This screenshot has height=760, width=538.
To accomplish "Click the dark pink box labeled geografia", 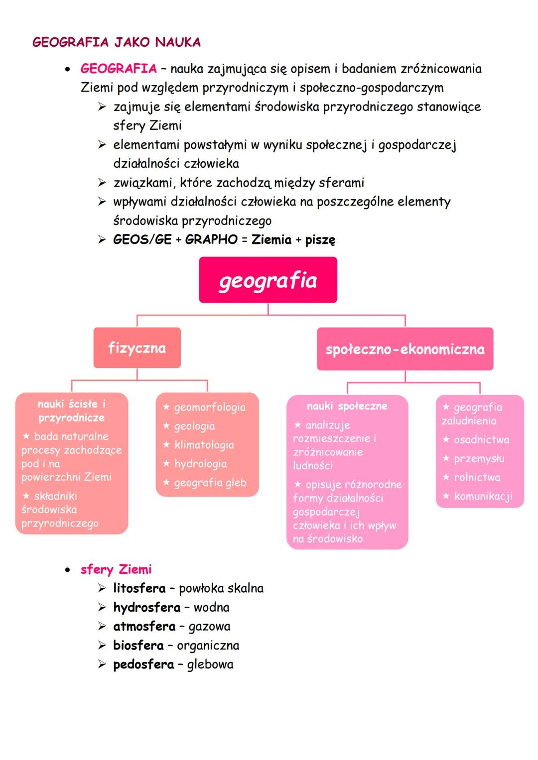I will pyautogui.click(x=268, y=280).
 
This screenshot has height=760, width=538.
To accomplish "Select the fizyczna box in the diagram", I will pyautogui.click(x=137, y=348).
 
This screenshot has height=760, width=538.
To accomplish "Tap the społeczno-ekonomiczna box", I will pyautogui.click(x=405, y=349).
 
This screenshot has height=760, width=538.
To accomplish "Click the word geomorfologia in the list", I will pyautogui.click(x=210, y=408).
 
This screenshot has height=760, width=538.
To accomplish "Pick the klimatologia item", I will pyautogui.click(x=204, y=445).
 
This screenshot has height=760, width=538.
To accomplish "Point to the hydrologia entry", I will pyautogui.click(x=200, y=464).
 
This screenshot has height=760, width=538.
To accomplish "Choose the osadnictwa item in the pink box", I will pyautogui.click(x=481, y=440).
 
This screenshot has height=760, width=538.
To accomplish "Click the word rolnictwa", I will pyautogui.click(x=477, y=477).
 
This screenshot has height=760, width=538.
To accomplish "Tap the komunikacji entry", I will pyautogui.click(x=483, y=496).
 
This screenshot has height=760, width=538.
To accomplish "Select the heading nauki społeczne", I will pyautogui.click(x=347, y=406).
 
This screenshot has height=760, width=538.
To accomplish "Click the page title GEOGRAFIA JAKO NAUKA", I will pyautogui.click(x=117, y=42).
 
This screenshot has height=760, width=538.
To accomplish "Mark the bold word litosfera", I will pyautogui.click(x=139, y=588).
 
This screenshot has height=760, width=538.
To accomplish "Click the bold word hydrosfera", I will pyautogui.click(x=146, y=607).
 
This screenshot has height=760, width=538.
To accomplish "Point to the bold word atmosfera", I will pyautogui.click(x=144, y=626).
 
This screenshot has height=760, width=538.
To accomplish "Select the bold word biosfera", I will pyautogui.click(x=138, y=646).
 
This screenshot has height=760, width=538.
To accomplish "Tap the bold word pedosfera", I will pyautogui.click(x=143, y=664).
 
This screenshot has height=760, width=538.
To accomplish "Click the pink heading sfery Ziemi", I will pyautogui.click(x=116, y=569).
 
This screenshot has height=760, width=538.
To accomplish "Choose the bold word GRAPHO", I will pyautogui.click(x=211, y=239).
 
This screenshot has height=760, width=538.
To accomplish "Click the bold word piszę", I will pyautogui.click(x=320, y=240).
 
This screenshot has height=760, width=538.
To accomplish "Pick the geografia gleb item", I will pyautogui.click(x=210, y=483).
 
